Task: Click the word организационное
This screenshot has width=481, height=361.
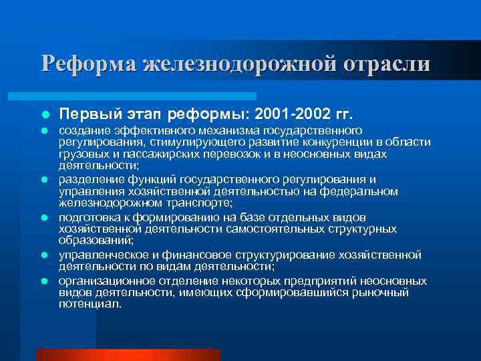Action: coord(100,280)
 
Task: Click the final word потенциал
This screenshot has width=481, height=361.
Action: coord(90,304)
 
